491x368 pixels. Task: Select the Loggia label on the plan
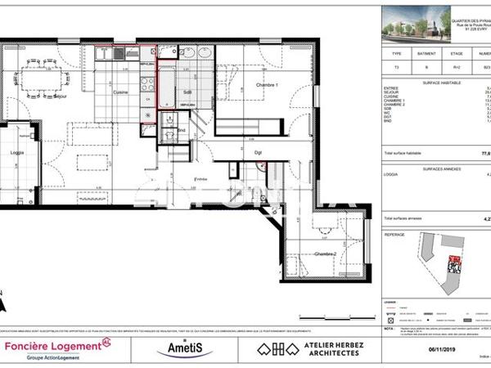tap(16, 152)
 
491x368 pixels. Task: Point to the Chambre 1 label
tap(268, 85)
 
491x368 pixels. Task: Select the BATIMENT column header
tap(427, 55)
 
